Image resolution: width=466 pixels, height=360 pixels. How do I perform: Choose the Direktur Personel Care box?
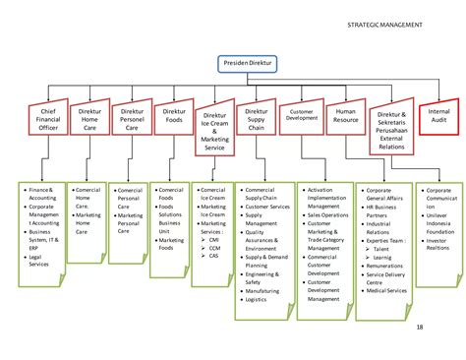[131, 118]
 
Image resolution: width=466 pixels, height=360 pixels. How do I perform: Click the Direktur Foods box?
[172, 117]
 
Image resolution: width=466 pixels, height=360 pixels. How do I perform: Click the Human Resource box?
[345, 118]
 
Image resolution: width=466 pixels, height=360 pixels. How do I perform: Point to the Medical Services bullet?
[386, 289]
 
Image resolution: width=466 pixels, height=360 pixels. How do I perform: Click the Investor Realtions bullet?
[438, 245]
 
